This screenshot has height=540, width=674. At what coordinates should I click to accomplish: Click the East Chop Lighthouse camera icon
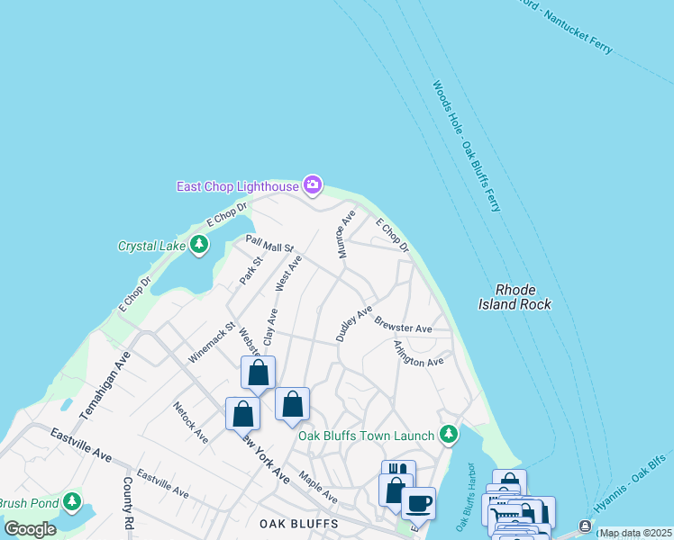coord(313,185)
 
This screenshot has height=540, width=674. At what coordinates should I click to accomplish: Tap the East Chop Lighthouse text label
coord(238,186)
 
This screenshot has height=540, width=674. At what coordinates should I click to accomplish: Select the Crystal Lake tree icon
coord(198,244)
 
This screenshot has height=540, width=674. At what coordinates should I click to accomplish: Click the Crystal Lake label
coord(151,246)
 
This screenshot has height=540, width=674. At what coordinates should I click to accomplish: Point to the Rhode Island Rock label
coord(515,297)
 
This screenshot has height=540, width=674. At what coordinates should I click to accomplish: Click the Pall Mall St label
coord(269,243)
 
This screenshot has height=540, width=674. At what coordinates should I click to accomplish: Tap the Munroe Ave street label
coord(347,234)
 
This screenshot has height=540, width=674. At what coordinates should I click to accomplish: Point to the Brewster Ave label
coord(403,324)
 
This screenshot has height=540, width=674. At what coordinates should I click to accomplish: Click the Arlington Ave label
coord(419,354)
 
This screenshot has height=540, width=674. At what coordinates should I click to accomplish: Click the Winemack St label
coord(211,343)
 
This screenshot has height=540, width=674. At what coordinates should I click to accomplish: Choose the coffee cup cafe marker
coord(417,503)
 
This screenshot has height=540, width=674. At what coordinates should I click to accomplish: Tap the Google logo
coord(29,529)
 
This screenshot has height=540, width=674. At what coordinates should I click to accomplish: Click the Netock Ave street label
coord(191,422)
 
